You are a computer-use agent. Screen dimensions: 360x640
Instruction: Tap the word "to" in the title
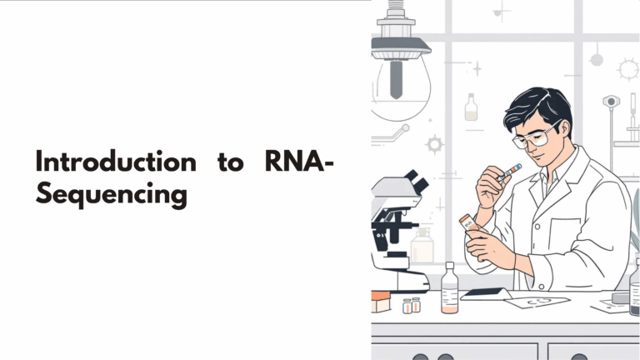tap(230, 162)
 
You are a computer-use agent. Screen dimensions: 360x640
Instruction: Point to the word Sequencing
tap(110, 194)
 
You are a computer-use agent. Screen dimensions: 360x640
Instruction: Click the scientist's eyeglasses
tap(534, 135)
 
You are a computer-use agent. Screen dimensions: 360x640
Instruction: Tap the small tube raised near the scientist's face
tap(508, 172)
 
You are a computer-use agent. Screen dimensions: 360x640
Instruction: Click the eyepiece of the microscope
tap(414, 180)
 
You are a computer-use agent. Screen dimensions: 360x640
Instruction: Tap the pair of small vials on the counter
tap(411, 305)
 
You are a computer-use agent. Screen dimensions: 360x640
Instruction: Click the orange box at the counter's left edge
tap(380, 302)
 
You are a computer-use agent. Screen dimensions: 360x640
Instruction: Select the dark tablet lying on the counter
tap(485, 293)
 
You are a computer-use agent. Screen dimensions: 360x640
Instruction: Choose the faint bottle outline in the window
tap(471, 107)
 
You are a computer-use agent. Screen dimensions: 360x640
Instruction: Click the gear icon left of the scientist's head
tap(434, 143)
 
